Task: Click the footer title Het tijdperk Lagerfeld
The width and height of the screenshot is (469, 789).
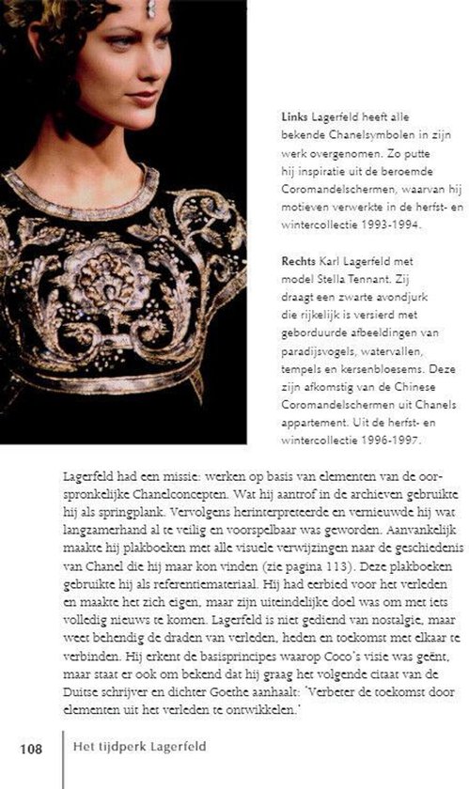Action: pos(138,749)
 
